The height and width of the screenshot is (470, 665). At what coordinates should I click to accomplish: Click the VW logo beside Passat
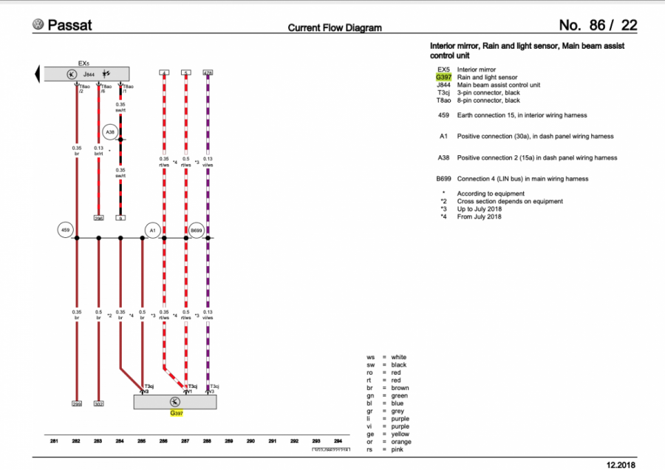(x=38, y=24)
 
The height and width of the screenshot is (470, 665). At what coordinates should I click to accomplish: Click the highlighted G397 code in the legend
(x=443, y=77)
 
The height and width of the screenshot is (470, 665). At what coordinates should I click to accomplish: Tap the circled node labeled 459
(x=65, y=231)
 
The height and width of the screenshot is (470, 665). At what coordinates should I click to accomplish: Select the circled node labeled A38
(x=109, y=132)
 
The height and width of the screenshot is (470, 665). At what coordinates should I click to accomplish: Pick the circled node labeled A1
(x=152, y=231)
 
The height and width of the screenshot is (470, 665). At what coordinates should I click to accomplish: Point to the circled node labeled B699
(x=197, y=231)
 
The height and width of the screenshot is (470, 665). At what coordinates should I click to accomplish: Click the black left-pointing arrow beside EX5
(x=36, y=74)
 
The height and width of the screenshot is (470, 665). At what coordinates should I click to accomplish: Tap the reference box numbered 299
(x=77, y=404)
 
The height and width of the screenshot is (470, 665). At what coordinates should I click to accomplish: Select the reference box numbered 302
(x=98, y=404)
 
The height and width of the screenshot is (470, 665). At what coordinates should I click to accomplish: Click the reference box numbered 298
(x=98, y=218)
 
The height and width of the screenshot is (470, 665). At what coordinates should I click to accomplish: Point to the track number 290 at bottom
(x=250, y=441)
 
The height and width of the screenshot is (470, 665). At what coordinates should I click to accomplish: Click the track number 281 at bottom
(x=54, y=441)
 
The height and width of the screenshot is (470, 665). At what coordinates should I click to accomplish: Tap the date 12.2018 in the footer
(x=621, y=463)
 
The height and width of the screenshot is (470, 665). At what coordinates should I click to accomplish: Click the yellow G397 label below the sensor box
(x=177, y=414)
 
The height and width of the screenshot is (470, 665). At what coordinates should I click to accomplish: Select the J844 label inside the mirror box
(x=89, y=75)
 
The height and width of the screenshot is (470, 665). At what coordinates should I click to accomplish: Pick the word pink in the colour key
(x=398, y=450)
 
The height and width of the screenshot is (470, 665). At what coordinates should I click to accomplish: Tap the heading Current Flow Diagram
(x=334, y=28)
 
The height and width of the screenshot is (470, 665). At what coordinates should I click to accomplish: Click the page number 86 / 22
(x=598, y=25)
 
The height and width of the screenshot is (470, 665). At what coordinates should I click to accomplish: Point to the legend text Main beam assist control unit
(x=499, y=85)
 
